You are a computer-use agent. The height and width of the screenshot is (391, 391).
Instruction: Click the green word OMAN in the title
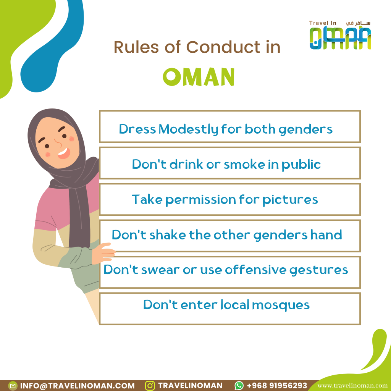tap(199, 77)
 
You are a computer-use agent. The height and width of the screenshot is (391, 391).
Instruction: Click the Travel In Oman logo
tap(340, 35)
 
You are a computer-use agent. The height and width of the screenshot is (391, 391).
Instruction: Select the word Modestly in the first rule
tap(188, 129)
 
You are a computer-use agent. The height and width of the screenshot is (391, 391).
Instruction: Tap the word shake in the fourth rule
tap(168, 235)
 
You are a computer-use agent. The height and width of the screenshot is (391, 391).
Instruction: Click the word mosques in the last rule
tap(281, 305)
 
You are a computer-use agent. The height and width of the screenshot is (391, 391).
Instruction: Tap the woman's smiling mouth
tap(64, 153)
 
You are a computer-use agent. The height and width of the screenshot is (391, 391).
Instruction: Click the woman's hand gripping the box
tap(103, 253)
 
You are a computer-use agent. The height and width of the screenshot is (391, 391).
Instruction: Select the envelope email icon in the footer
tap(13, 386)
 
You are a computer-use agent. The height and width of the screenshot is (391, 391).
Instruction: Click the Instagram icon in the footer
tap(150, 386)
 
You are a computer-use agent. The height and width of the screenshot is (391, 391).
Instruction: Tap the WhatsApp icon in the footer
tap(239, 386)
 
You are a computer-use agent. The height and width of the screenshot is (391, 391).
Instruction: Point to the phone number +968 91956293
tap(277, 386)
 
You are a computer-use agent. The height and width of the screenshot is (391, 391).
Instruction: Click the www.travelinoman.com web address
tap(352, 386)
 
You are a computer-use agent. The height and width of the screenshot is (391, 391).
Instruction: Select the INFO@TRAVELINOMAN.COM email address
tap(77, 386)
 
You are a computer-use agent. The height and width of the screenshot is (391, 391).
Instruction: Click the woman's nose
tap(58, 143)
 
